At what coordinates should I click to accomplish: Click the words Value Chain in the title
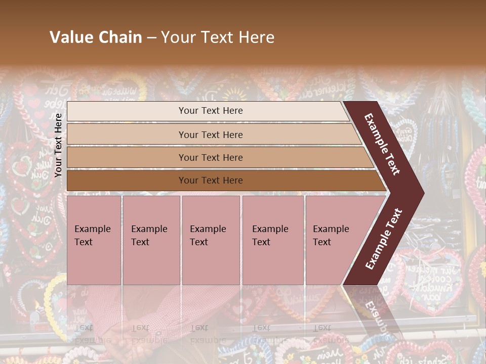coord(96,37)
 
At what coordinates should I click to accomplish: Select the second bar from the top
coord(211,134)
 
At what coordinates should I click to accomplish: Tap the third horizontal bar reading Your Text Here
coord(211,158)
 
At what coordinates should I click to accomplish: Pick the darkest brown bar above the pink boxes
coord(211,180)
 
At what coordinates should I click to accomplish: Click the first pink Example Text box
coord(94,240)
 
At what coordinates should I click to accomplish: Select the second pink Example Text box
coord(151,240)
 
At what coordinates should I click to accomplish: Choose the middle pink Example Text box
coord(211,240)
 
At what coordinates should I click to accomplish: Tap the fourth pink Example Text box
coord(273,240)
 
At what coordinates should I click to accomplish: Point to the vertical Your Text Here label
coord(58,145)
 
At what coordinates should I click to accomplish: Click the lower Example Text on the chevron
coord(384,239)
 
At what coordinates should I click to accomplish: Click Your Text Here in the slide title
coord(218,37)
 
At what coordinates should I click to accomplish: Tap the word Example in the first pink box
coord(92,229)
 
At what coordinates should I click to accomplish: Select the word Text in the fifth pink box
coord(321,242)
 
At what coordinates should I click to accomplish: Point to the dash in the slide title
coord(151,38)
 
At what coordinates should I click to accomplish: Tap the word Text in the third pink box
coord(198,242)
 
